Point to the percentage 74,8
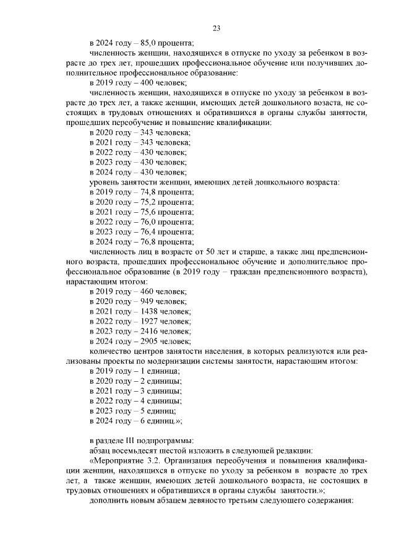[x=151, y=192]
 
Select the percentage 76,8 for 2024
[x=151, y=241]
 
